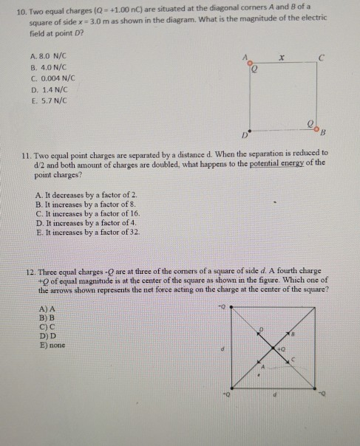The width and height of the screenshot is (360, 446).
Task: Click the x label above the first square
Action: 281,55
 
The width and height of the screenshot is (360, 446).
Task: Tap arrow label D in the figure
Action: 259,327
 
